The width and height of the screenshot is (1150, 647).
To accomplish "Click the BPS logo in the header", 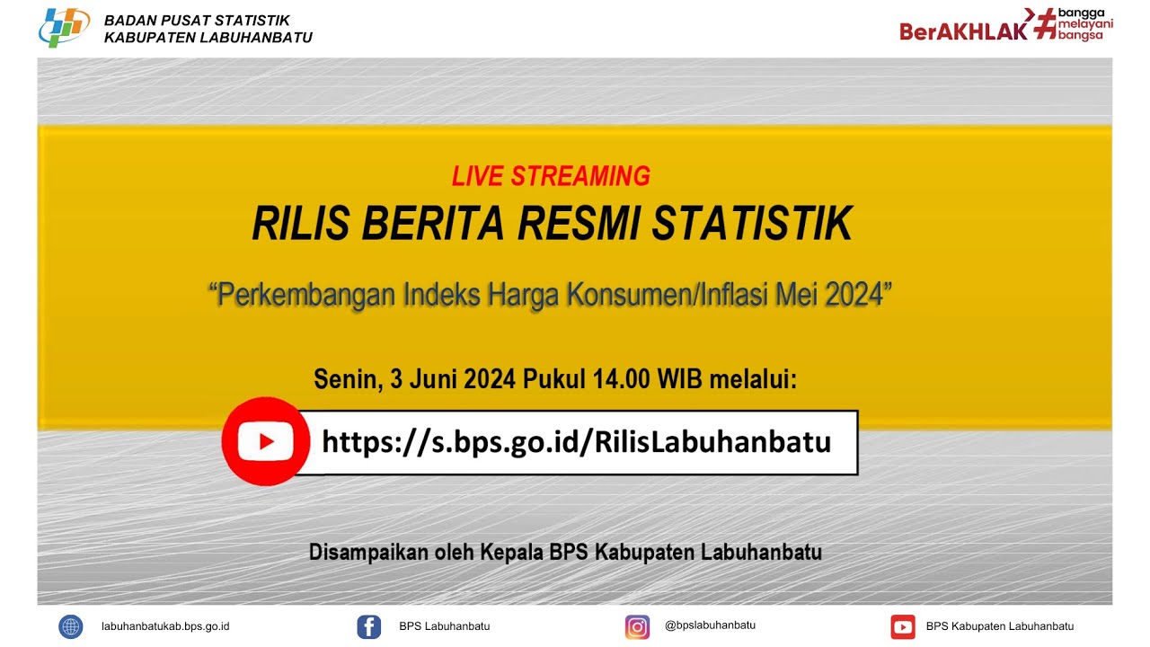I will [64, 28].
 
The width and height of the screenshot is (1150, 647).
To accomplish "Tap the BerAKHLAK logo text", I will [963, 31].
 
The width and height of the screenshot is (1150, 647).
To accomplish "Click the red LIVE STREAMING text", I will [551, 176].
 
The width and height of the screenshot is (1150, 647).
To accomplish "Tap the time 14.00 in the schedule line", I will [621, 379].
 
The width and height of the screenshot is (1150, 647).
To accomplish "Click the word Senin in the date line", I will [346, 379].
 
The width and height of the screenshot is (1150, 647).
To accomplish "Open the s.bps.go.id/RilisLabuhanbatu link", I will [576, 442].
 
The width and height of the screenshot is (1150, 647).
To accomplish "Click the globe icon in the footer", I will [70, 626].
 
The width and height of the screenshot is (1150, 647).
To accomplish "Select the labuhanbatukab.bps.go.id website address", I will [165, 626].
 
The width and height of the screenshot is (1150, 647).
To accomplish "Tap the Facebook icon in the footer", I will [368, 626].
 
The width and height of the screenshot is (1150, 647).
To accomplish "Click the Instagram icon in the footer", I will [637, 626].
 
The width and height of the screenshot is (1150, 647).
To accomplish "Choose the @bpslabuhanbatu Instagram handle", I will [710, 625].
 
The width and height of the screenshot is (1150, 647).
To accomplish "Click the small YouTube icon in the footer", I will [902, 626].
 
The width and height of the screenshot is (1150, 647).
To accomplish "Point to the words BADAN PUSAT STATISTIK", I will [197, 21].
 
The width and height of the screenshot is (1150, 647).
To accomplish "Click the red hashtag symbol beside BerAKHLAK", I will [1044, 24].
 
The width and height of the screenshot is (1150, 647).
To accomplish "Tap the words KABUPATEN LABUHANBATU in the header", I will [208, 38].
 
